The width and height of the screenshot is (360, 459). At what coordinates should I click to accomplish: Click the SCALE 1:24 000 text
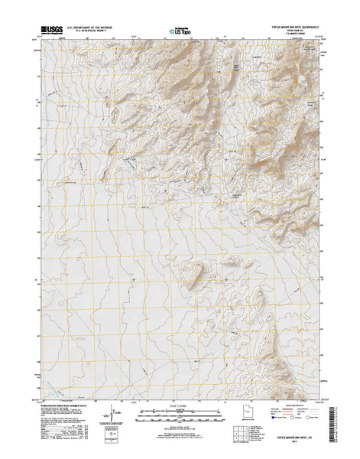[x=180, y=412]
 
